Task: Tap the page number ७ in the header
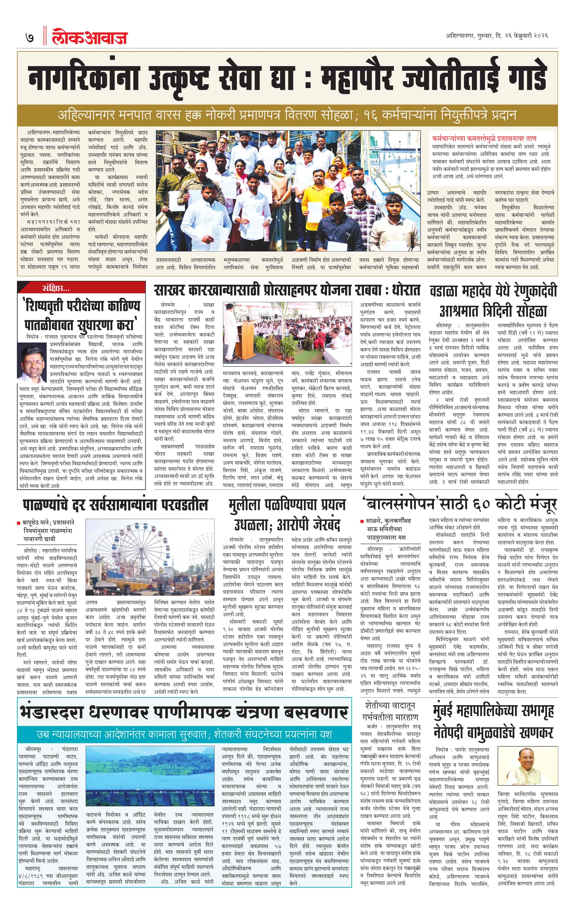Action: click(29, 38)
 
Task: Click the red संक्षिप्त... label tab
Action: click(56, 288)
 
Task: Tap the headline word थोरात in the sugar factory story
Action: click(406, 291)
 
